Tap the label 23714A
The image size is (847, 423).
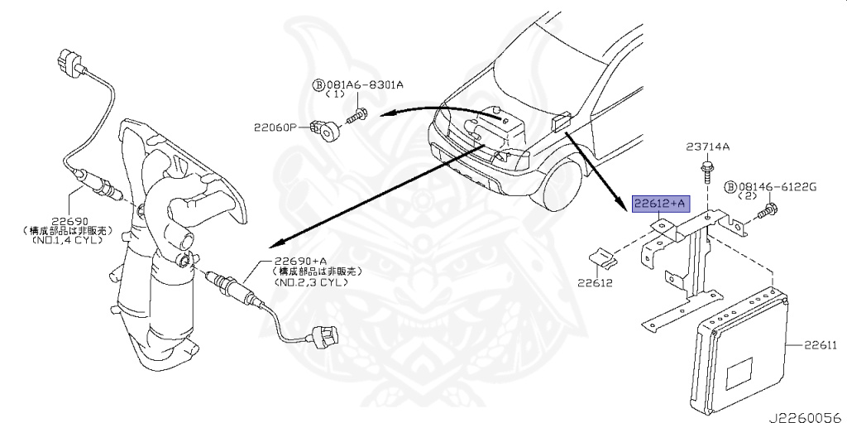click(x=707, y=147)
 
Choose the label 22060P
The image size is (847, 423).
click(x=274, y=127)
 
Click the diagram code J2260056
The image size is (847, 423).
click(x=808, y=416)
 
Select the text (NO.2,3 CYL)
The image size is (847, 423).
click(x=313, y=281)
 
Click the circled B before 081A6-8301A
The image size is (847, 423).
click(x=317, y=84)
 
